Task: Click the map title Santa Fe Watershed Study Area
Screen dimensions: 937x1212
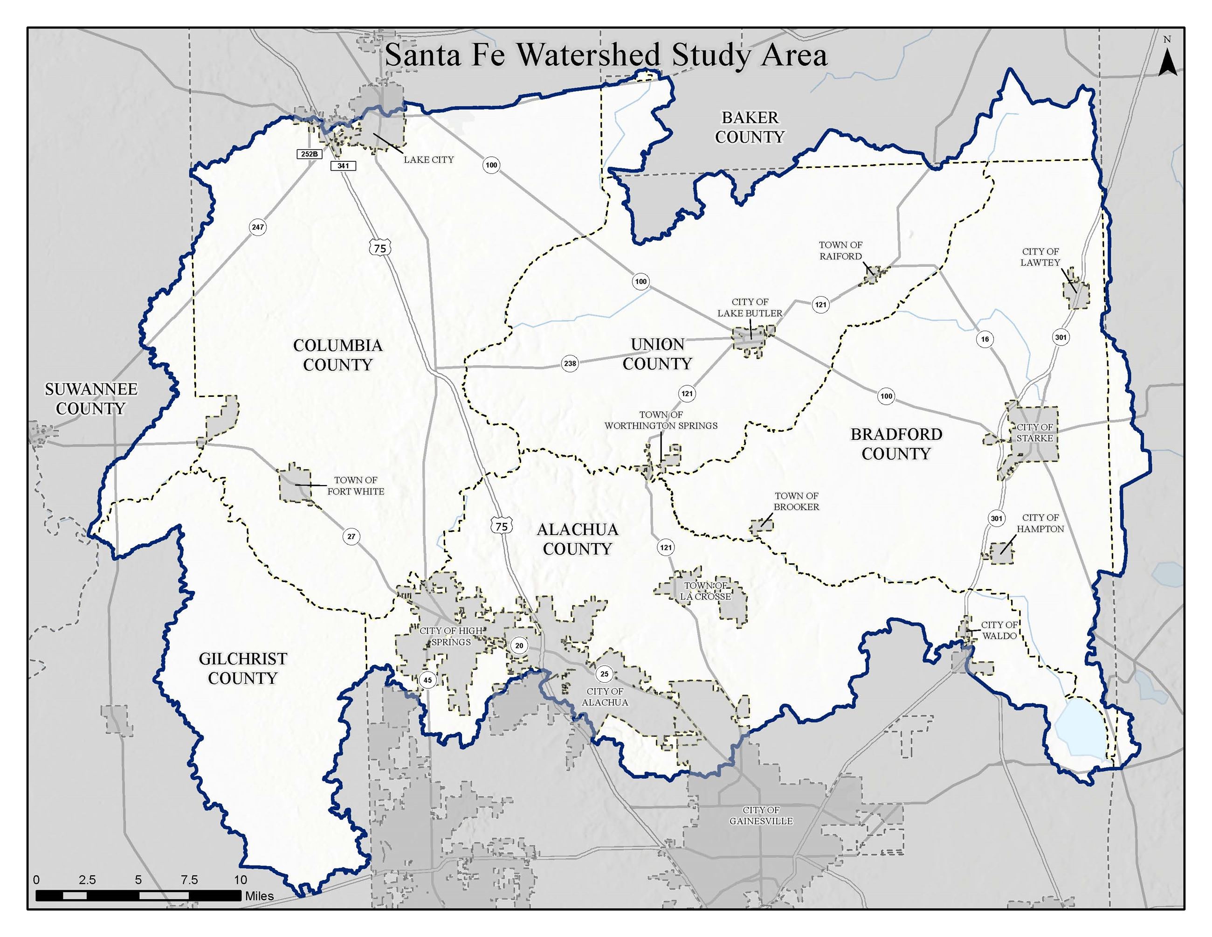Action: point(606,56)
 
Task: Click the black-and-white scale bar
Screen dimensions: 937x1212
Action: point(139,895)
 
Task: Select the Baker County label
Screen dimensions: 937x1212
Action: point(750,127)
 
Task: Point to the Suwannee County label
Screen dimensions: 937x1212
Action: point(91,399)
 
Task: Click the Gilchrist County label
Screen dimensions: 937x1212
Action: point(243,668)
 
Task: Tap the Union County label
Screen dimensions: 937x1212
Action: point(657,354)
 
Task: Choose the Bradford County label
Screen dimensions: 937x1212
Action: point(896,444)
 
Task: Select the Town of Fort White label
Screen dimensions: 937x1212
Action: point(355,486)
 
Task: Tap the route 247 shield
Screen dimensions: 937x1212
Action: point(257,227)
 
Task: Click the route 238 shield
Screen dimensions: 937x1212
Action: point(570,364)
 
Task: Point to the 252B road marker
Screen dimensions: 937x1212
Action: point(309,154)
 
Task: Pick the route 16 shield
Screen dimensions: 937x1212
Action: point(985,339)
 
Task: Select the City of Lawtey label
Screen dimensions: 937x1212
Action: point(1040,257)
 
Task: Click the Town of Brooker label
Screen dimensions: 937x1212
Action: point(796,501)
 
